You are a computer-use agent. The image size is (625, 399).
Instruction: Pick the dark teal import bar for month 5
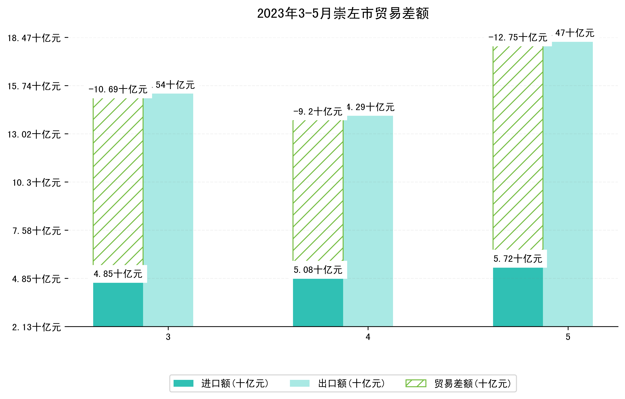tap(518, 297)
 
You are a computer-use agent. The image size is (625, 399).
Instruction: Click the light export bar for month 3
tap(168, 210)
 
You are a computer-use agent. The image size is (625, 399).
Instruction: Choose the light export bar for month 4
tap(368, 221)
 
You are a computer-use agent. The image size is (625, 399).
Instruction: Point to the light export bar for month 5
tap(568, 184)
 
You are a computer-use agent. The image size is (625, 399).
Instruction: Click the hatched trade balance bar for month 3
tap(118, 181)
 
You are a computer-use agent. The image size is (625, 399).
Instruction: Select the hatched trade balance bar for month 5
tap(518, 148)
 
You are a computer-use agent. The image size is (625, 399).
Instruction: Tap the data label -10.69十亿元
tap(118, 90)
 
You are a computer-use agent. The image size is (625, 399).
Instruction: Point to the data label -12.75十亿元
tap(518, 38)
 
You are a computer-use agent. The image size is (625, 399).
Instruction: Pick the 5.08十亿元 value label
tap(318, 270)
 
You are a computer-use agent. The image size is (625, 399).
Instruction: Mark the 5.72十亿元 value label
tap(518, 259)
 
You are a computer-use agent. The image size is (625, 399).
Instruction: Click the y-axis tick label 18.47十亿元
tap(34, 38)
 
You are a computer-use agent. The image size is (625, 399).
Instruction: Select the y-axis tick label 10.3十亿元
tap(37, 183)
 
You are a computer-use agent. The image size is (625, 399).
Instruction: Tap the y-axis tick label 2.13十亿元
tap(36, 327)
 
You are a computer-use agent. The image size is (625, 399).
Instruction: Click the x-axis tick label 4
tap(368, 337)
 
